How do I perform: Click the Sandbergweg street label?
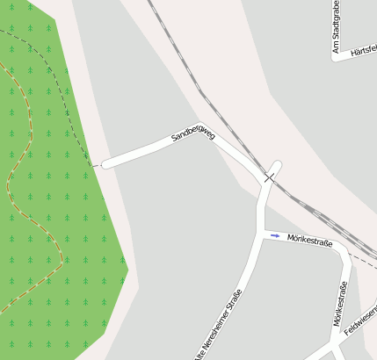click(193, 133)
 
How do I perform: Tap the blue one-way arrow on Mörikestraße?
click(275, 235)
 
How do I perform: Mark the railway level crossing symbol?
click(268, 178)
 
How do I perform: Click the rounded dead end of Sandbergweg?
click(106, 163)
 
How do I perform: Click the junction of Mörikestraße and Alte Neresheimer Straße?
click(262, 234)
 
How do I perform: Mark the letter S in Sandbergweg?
click(175, 140)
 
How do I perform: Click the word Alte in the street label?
click(199, 354)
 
